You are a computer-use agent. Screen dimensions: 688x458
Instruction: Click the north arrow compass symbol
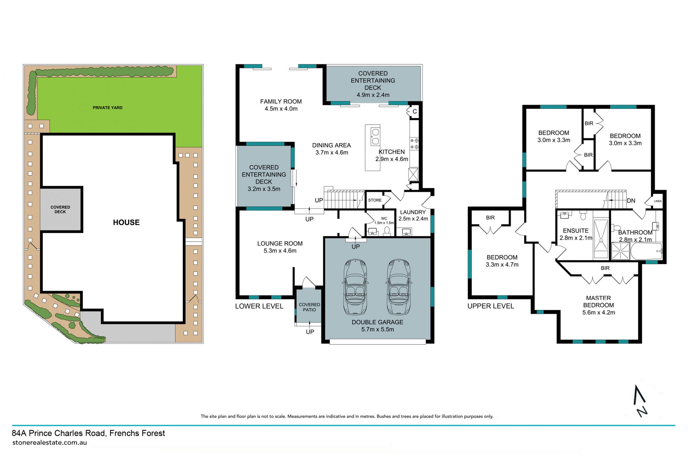pyautogui.click(x=640, y=401)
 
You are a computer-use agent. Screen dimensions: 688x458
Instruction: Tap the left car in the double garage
pyautogui.click(x=355, y=287)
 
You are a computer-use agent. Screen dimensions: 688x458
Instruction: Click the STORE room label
pyautogui.click(x=375, y=200)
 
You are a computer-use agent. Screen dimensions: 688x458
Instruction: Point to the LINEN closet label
pyautogui.click(x=658, y=201)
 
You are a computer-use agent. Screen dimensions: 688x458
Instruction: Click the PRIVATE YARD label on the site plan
pyautogui.click(x=107, y=107)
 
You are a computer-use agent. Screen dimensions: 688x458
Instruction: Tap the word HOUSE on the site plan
pyautogui.click(x=126, y=222)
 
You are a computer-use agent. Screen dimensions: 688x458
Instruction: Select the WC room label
pyautogui.click(x=384, y=218)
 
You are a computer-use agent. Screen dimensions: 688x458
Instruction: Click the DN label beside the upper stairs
pyautogui.click(x=631, y=201)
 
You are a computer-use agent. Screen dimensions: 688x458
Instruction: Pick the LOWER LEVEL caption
pyautogui.click(x=259, y=306)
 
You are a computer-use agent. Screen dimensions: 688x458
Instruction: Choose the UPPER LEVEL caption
pyautogui.click(x=491, y=306)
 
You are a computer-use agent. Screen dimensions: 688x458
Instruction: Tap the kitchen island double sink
pyautogui.click(x=375, y=136)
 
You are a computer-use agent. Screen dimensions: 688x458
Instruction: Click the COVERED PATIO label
pyautogui.click(x=310, y=307)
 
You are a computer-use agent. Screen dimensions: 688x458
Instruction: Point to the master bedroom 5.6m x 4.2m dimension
pyautogui.click(x=599, y=313)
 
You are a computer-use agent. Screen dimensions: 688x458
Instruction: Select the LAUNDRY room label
pyautogui.click(x=413, y=212)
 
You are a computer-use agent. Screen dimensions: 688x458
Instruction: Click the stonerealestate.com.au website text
pyautogui.click(x=49, y=443)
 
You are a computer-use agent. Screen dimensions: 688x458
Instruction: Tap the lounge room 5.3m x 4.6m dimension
pyautogui.click(x=280, y=251)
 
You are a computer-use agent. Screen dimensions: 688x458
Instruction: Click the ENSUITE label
pyautogui.click(x=576, y=231)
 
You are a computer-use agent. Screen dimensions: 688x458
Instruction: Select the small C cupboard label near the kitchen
pyautogui.click(x=415, y=112)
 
